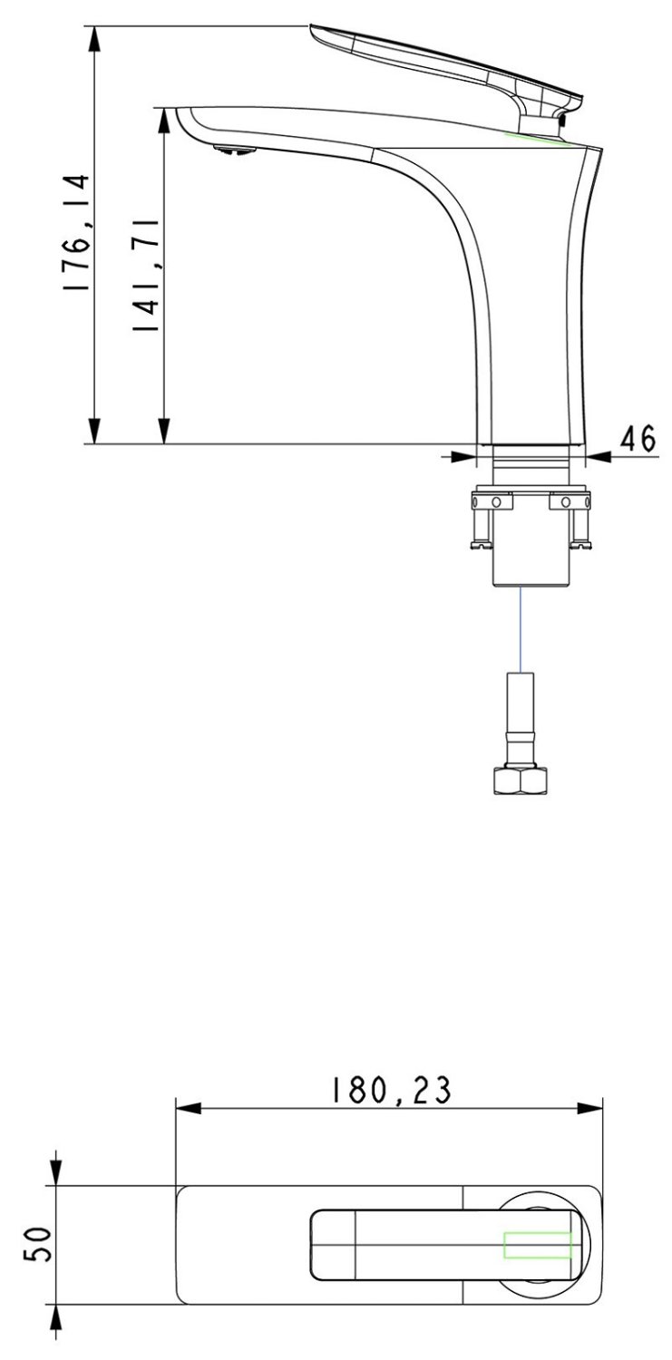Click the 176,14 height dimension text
[77, 234]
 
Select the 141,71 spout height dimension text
[146, 275]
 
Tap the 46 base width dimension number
[638, 439]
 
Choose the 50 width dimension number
[38, 1244]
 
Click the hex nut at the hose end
[521, 781]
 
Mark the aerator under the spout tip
[234, 150]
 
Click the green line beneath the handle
[536, 139]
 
